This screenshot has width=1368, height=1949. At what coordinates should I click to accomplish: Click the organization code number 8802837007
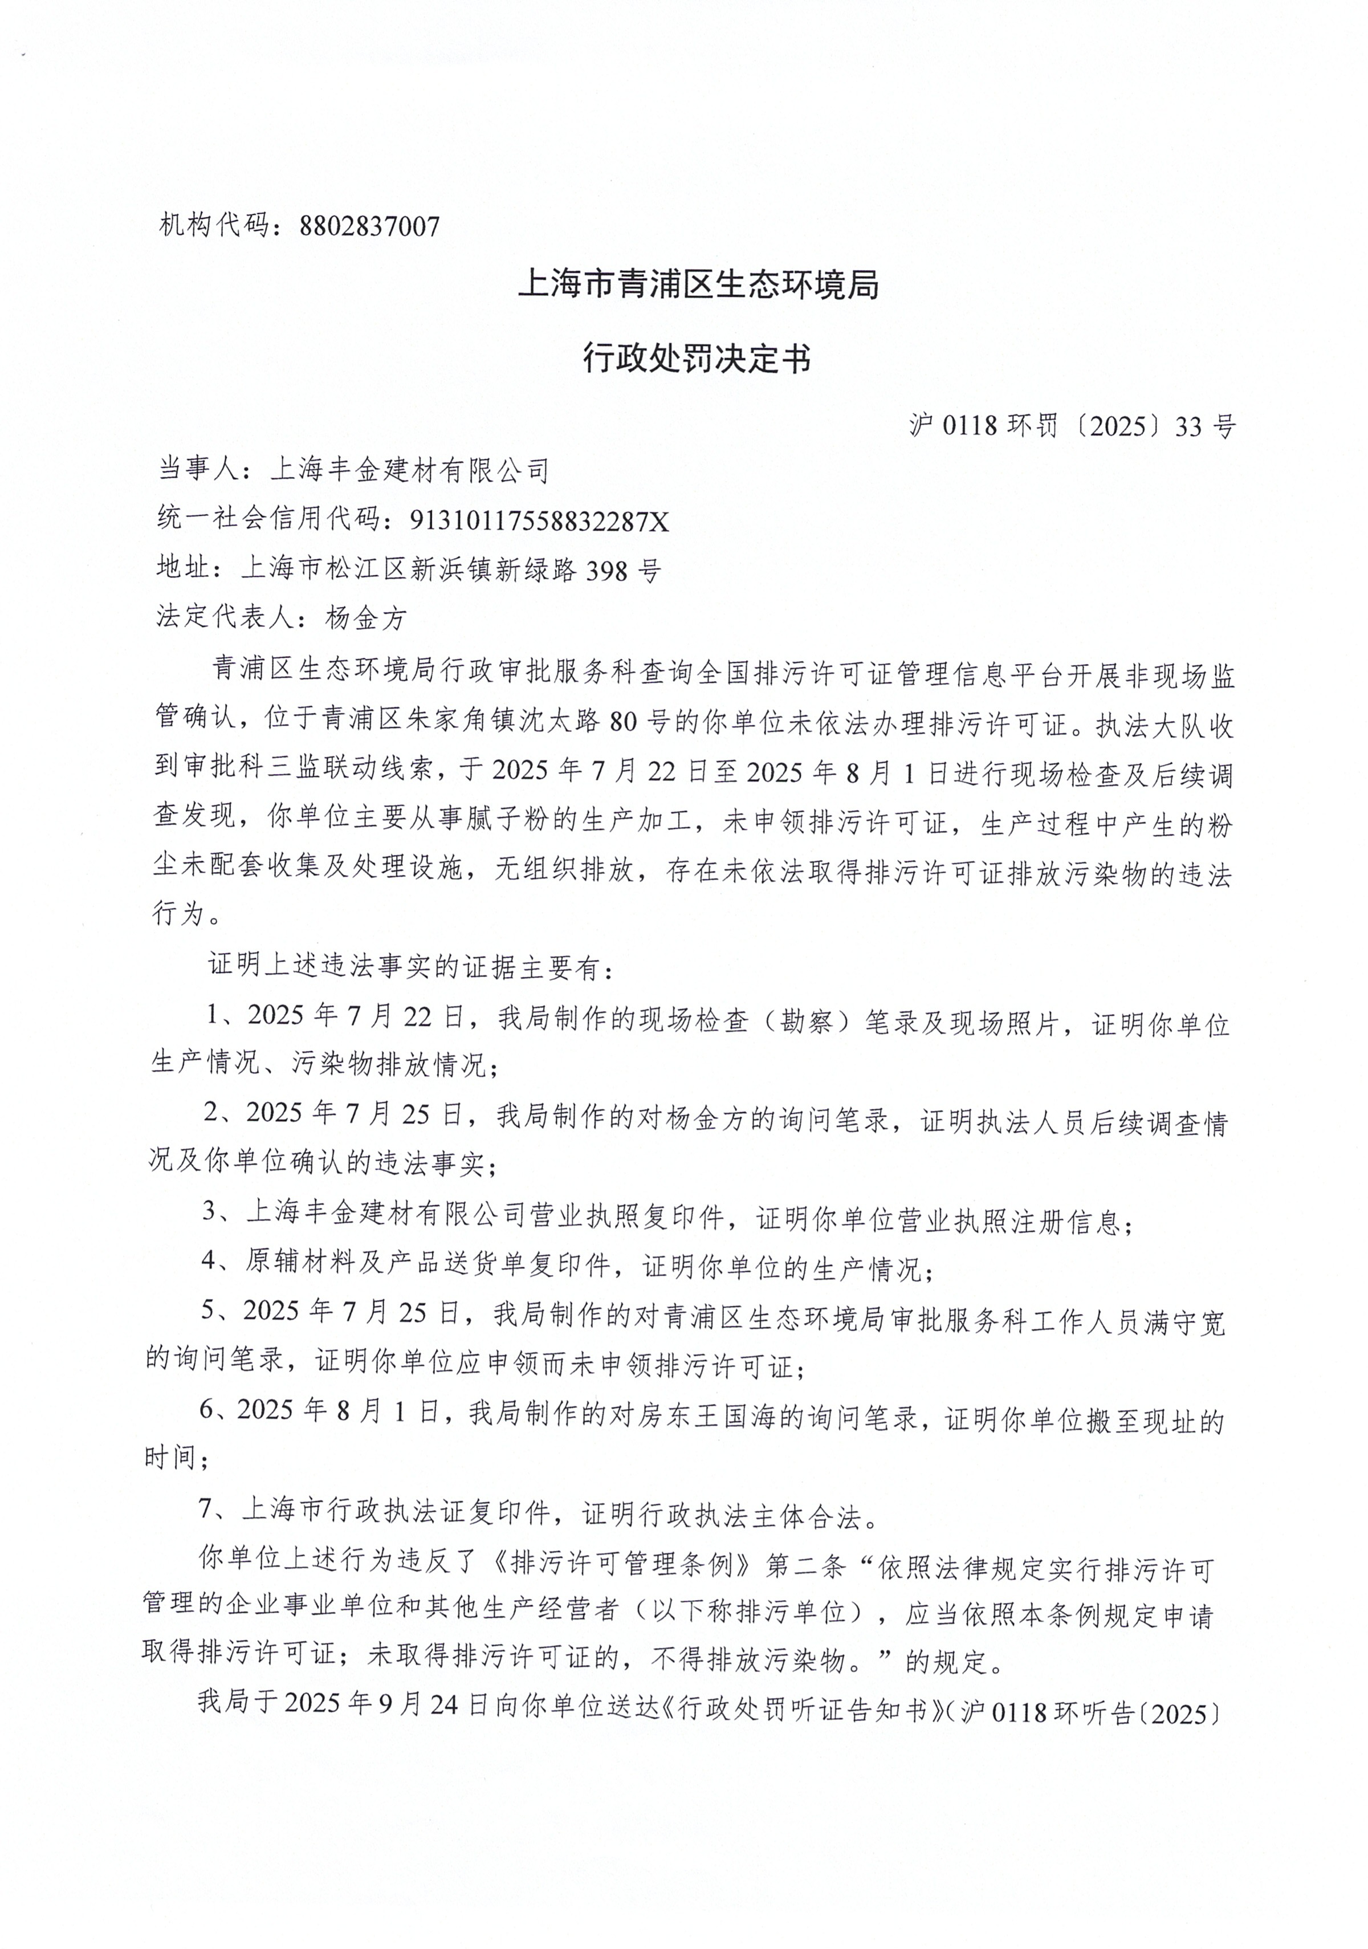coord(370,226)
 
